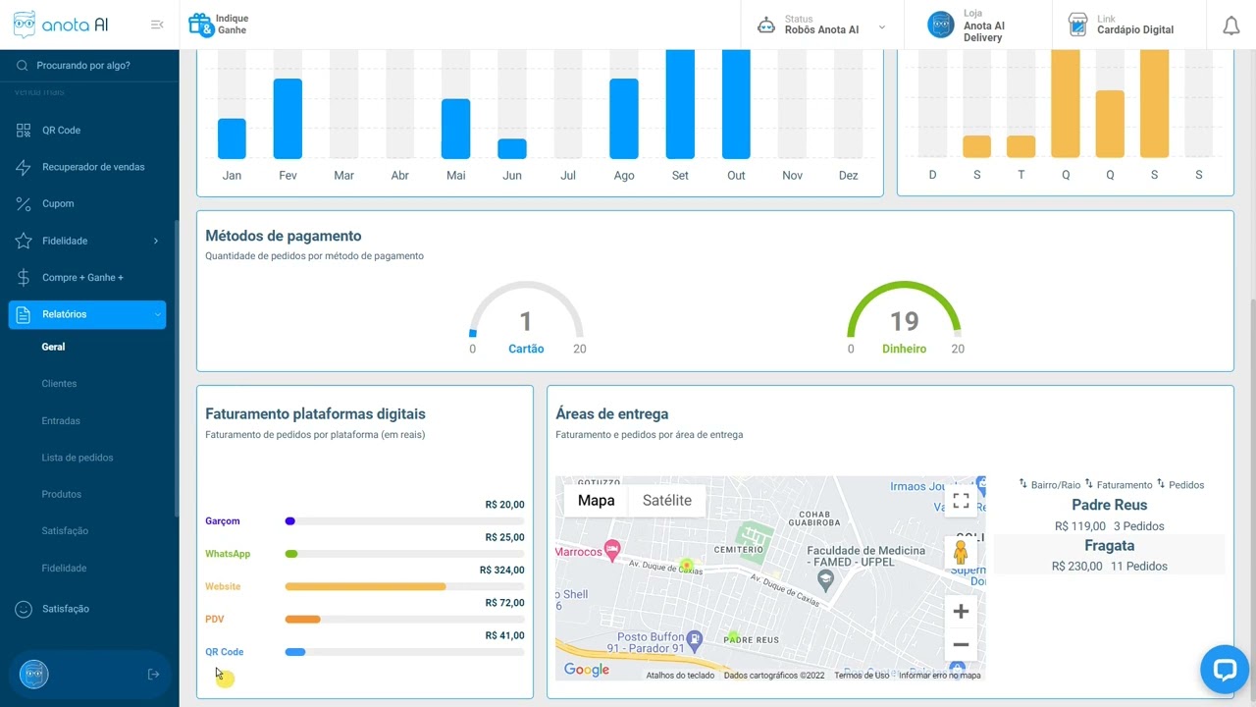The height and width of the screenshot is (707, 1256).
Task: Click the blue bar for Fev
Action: [x=288, y=119]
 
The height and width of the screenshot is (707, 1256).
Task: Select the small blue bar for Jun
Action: [x=512, y=148]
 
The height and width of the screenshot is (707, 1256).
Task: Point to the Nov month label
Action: [x=792, y=176]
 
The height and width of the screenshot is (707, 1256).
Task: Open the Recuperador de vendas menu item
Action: [x=93, y=167]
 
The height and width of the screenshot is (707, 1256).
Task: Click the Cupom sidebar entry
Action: [x=58, y=204]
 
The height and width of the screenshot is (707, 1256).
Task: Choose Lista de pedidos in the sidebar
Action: [x=78, y=458]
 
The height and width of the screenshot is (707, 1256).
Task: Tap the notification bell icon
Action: [x=1230, y=27]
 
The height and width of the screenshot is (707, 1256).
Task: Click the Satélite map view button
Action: [x=666, y=501]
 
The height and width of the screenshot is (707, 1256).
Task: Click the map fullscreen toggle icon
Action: [x=961, y=501]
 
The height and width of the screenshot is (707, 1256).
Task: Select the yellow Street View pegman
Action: [x=961, y=553]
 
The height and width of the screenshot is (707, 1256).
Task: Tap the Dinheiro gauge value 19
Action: [x=904, y=321]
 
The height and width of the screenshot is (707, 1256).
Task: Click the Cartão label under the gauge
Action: [x=526, y=349]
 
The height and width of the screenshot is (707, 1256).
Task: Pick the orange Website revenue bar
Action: [x=365, y=586]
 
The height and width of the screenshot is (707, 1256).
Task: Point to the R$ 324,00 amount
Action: [x=501, y=571]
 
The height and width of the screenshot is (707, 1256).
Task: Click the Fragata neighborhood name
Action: [x=1109, y=546]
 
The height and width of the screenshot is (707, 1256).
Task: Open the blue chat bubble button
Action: [x=1224, y=670]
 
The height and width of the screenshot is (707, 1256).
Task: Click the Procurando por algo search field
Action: [x=83, y=66]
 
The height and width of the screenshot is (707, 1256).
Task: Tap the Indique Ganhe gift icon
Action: [x=200, y=25]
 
